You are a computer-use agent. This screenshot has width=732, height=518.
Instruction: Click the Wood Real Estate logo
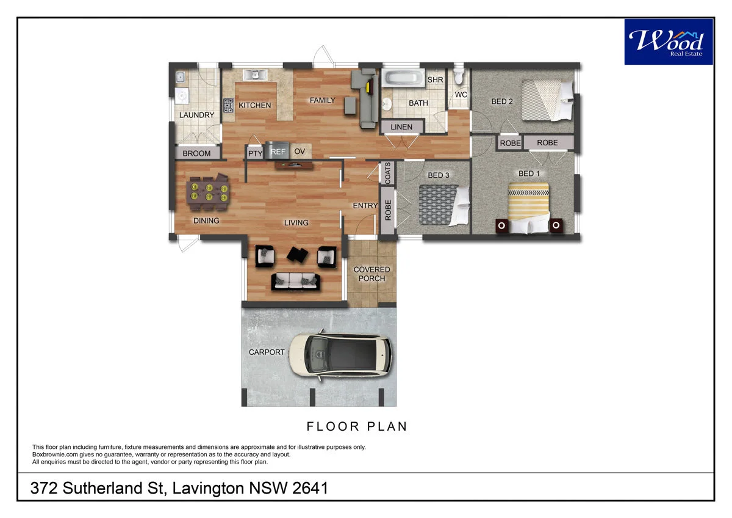[668, 42]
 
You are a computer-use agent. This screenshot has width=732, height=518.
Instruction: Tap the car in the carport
[340, 356]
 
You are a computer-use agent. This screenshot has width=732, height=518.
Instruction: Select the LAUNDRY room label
[196, 115]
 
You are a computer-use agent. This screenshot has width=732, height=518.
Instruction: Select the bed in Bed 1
[528, 209]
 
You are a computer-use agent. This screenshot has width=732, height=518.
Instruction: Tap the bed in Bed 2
[547, 100]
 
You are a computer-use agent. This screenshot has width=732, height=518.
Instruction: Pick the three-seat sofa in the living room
[295, 281]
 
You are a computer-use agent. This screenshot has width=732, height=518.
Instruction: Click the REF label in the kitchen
[278, 151]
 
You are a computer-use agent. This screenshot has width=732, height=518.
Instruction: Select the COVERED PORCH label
[371, 274]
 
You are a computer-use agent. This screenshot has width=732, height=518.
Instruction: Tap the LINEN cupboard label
[401, 127]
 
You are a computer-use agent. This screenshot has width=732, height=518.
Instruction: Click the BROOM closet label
[196, 153]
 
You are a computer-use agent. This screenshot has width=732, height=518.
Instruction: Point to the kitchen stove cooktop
[228, 106]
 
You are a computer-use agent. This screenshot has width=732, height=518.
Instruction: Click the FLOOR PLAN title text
[357, 426]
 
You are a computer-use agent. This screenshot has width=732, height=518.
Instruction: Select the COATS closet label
[387, 173]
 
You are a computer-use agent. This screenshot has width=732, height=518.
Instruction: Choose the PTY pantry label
[255, 153]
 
